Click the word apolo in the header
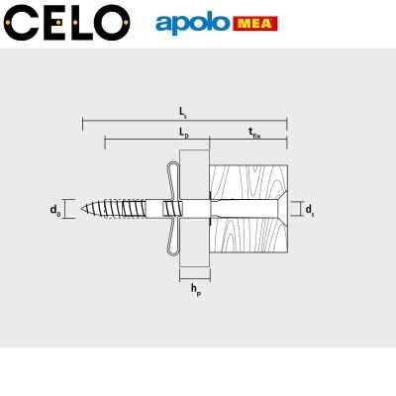pos(192,22)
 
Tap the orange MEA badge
pos(254,22)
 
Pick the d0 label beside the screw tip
pos(54,209)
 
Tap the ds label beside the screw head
pos(310,209)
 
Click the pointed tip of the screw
pos(86,209)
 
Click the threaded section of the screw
pos(124,209)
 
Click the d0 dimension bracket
pos(68,209)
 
